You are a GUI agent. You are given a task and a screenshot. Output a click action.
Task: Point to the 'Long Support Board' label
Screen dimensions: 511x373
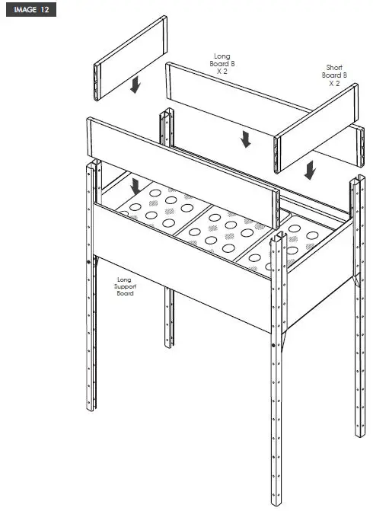(x=125, y=286)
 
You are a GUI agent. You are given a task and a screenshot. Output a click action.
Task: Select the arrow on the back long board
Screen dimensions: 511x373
(x=244, y=138)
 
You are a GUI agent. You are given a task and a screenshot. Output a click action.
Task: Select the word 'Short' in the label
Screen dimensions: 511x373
(x=334, y=67)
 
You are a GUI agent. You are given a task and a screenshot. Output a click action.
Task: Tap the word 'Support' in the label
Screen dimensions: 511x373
(x=125, y=286)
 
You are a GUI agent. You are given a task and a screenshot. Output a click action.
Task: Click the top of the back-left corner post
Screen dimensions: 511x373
(x=165, y=115)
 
